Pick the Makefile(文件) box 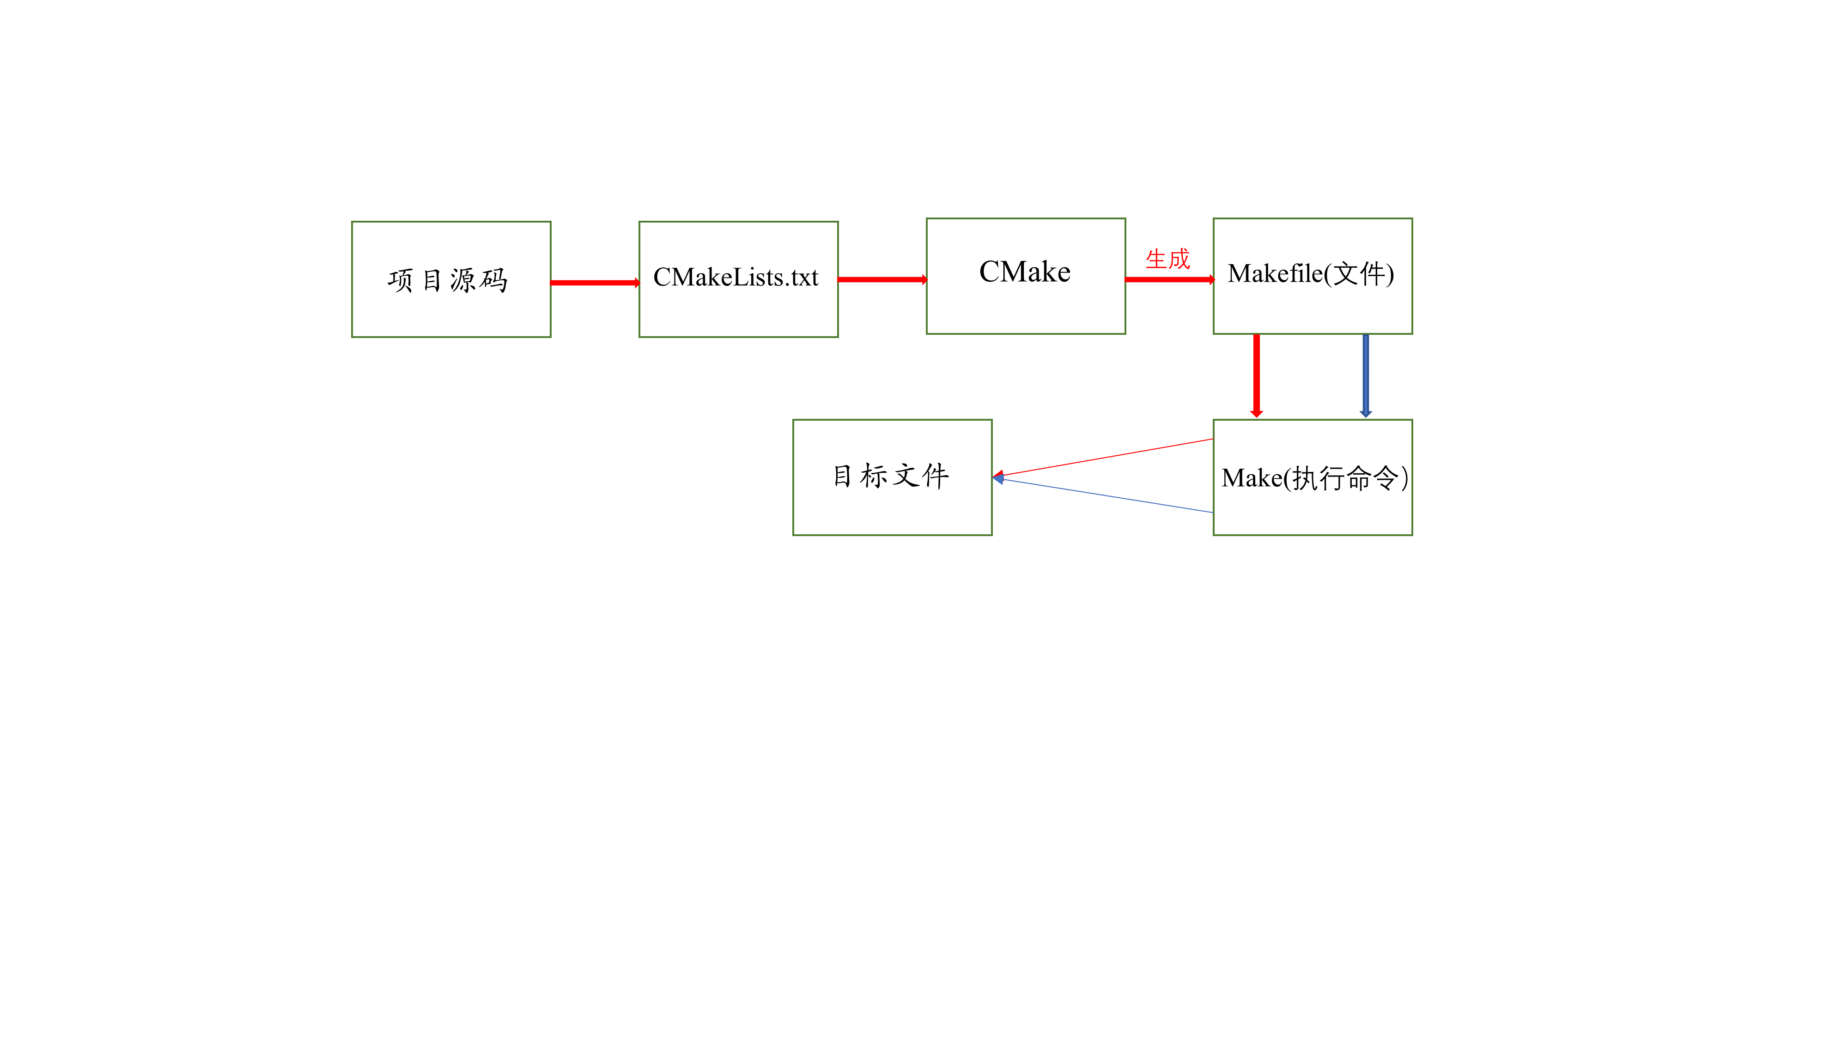pos(1312,308)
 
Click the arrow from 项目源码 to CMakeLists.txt pos(594,283)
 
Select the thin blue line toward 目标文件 pos(1105,495)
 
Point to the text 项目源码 pos(448,280)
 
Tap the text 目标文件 pos(890,476)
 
